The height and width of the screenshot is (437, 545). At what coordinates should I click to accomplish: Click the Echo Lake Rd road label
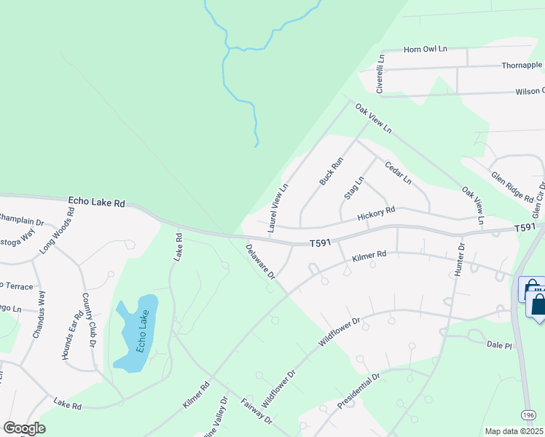click(97, 202)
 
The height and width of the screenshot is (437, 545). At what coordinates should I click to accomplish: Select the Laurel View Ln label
click(278, 208)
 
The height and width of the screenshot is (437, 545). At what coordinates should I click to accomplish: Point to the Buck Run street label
click(331, 170)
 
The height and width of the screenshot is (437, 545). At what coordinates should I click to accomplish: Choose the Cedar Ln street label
click(398, 172)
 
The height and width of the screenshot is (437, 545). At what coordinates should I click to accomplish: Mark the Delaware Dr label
click(260, 261)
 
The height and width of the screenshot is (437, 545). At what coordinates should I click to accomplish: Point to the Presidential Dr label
click(359, 391)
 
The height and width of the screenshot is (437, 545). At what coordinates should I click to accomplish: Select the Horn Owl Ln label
click(426, 49)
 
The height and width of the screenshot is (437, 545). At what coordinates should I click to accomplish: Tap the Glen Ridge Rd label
click(512, 186)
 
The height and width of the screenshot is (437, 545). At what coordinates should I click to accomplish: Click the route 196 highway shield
click(529, 414)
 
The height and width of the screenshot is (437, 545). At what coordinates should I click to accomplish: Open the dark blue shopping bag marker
click(538, 304)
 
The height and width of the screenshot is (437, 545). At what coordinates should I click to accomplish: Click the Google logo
click(24, 428)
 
